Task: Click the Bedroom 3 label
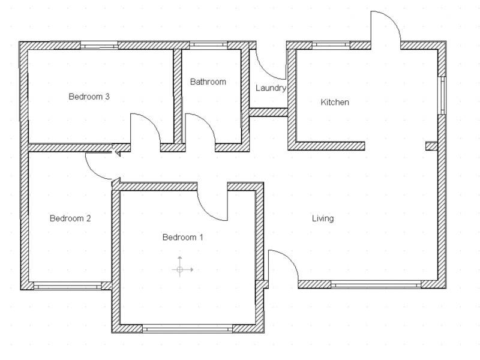(x=88, y=96)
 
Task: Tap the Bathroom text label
(x=208, y=82)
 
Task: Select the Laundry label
(x=271, y=88)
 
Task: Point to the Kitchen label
(x=335, y=102)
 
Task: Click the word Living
(x=323, y=218)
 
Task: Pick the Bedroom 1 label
(x=183, y=238)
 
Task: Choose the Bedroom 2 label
(x=70, y=218)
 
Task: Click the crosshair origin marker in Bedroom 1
(x=180, y=269)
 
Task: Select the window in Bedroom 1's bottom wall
(x=187, y=329)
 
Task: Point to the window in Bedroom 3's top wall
(x=99, y=45)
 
